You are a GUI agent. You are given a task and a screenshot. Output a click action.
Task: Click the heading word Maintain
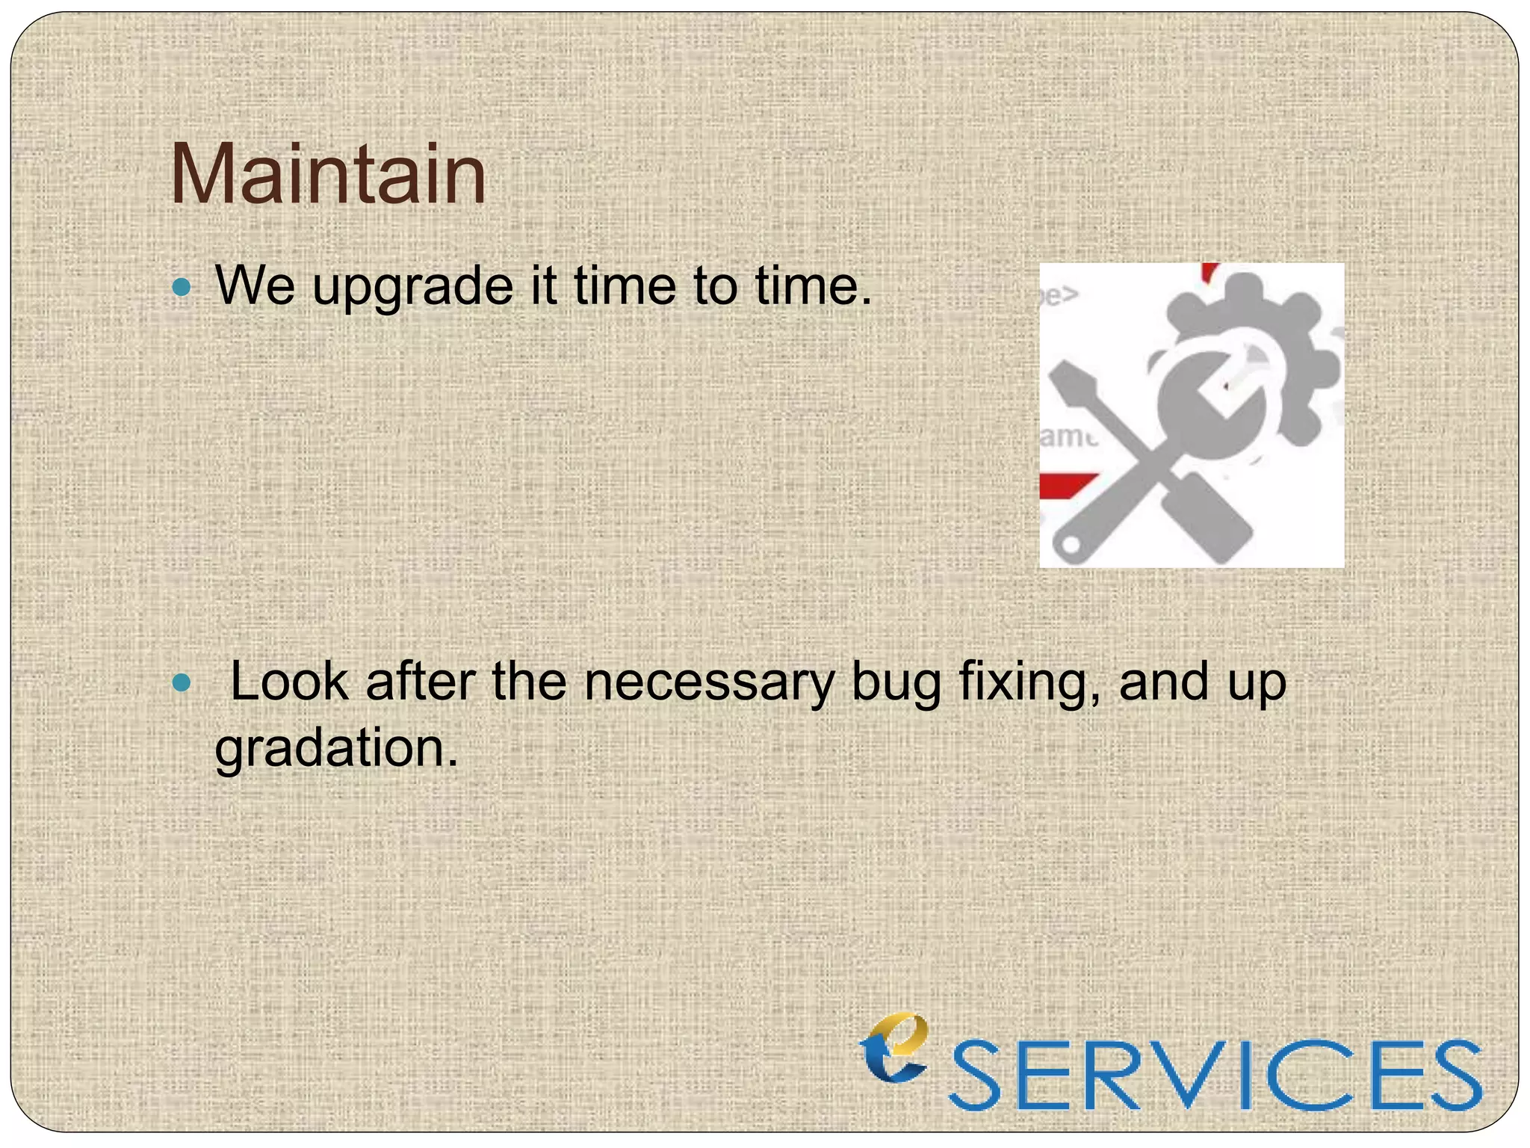click(328, 176)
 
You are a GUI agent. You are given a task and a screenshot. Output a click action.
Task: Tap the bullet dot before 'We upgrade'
click(182, 287)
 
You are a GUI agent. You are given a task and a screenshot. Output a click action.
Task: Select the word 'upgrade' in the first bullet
click(412, 287)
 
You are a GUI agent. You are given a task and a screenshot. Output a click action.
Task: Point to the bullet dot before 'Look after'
click(182, 682)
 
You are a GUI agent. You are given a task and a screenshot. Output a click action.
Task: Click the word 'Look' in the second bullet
click(289, 682)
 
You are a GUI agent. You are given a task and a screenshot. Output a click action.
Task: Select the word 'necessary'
click(709, 683)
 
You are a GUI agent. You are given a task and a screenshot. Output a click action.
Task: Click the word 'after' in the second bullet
click(420, 682)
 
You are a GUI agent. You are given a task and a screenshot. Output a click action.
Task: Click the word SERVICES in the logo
click(1215, 1076)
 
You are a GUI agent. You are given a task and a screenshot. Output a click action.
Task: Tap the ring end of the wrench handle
click(1072, 543)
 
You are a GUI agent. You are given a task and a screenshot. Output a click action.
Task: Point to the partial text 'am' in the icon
click(1065, 436)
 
